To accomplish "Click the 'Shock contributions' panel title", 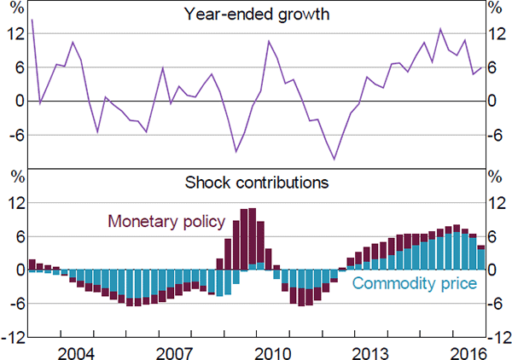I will pos(256,182).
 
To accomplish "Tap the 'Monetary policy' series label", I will pos(166,222).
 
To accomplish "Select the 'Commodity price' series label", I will pos(413,284).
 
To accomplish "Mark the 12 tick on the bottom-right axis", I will pos(496,203).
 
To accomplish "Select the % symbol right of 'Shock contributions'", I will pos(493,177).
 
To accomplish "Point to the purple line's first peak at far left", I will pos(32,20).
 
